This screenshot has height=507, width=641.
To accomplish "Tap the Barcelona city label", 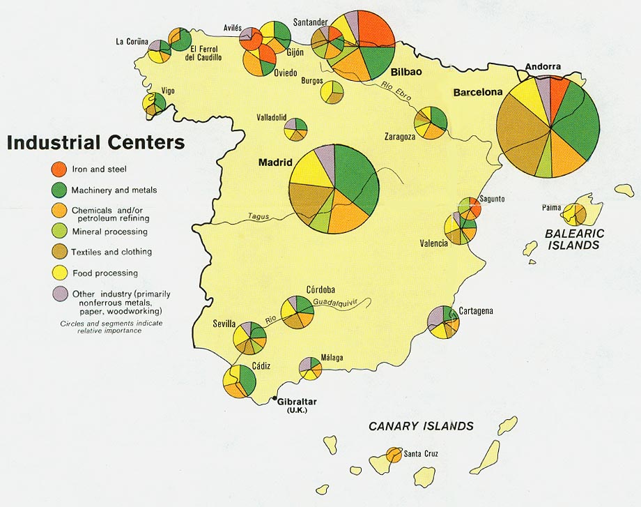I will coord(478,92).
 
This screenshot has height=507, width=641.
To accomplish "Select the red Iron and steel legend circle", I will coord(59,169).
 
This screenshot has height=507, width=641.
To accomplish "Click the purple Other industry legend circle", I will coord(59,294).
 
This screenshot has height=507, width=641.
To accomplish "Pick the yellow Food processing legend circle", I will coord(59,273).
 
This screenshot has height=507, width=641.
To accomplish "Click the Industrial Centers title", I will coord(96,142).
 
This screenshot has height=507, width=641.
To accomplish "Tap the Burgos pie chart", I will coord(332,92).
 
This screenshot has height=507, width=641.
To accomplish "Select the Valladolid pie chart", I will coord(295,128).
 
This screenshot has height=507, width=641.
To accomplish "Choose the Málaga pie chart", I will coord(310,368).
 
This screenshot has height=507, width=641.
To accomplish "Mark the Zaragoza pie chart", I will coord(431,123).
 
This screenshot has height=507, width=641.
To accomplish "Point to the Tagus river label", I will coord(258,217).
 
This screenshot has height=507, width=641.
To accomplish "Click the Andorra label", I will coord(543,67).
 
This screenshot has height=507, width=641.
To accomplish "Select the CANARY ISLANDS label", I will coord(421,426).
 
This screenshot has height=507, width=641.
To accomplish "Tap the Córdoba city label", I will coord(320,289).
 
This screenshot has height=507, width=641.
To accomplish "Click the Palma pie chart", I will coord(576,213).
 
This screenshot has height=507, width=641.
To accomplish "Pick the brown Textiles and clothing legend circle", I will coord(59,252).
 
